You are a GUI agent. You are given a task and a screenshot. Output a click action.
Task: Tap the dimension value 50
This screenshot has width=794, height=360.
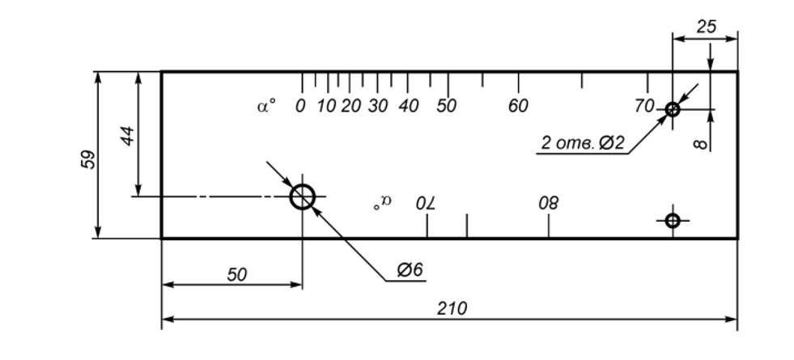tap(236, 275)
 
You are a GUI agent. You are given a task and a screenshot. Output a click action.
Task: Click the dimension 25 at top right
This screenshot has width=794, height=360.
tap(706, 27)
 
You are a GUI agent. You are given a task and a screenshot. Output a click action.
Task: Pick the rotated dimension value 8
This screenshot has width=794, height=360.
tap(702, 143)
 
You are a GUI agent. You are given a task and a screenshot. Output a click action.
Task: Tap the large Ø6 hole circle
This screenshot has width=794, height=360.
tap(303, 196)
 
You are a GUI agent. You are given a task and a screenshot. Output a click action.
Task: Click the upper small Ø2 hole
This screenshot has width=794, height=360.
tap(672, 109)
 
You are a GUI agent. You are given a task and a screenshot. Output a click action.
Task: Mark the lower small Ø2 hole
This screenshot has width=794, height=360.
tap(672, 219)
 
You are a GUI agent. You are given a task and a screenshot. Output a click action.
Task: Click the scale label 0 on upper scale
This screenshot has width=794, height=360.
tap(300, 106)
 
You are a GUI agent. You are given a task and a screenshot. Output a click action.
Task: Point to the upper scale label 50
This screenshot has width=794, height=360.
tap(447, 106)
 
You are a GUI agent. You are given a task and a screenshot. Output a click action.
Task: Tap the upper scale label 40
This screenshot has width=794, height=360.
tap(408, 106)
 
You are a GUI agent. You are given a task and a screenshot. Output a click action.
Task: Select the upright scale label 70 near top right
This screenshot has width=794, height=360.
tap(645, 105)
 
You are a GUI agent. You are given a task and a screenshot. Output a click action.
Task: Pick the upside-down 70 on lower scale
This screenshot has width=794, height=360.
tap(426, 201)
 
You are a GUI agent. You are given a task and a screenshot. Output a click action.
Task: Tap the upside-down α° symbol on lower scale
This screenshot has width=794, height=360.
tap(382, 202)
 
